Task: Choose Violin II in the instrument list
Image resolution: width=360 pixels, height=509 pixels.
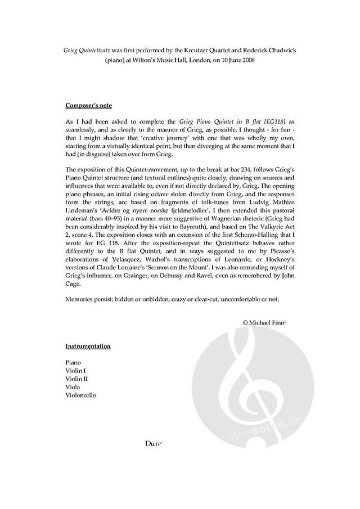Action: [x=77, y=379]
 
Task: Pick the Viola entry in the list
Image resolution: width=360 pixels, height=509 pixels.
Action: [x=73, y=387]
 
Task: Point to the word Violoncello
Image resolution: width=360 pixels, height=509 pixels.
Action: [x=80, y=395]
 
